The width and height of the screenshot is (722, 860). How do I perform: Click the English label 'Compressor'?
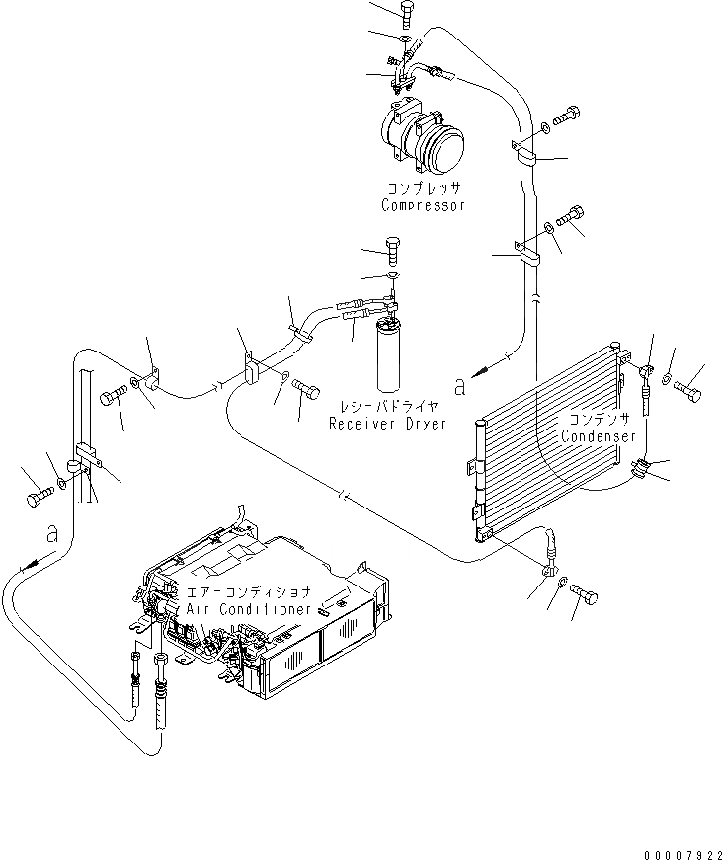point(423,206)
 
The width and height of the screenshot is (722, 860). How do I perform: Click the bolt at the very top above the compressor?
point(407,12)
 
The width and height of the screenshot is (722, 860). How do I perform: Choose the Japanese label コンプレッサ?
point(424,188)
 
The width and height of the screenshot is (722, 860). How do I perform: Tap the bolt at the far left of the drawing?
point(38,495)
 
